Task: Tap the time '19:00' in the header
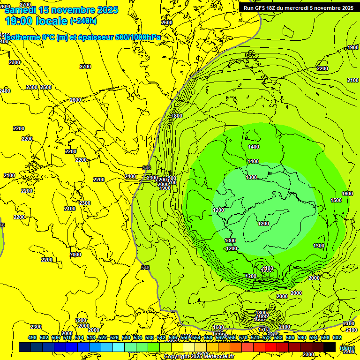pos(20,21)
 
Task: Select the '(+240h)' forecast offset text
pos(83,21)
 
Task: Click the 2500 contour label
pos(46,88)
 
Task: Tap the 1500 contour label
pos(336,200)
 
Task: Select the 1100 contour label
pos(267,268)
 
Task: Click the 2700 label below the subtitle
pos(85,67)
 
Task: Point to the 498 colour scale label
pos(32,337)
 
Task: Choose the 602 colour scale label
pos(337,337)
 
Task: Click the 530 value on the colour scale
pos(126,337)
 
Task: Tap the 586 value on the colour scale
pos(290,337)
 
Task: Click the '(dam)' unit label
pos(347,348)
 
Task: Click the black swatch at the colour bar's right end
pos(330,347)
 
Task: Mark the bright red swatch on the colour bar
pos(271,347)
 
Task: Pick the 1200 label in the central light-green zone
pos(263,224)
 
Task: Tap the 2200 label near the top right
pos(322,68)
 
